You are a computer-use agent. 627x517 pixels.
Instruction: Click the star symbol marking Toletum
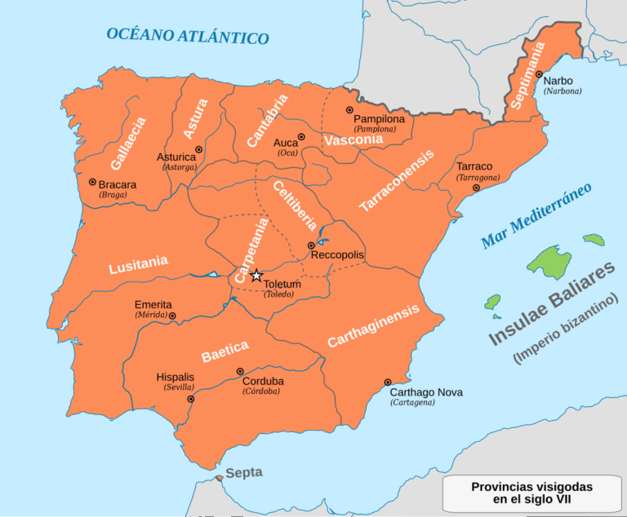[256, 276]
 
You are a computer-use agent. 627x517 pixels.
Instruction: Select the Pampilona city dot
[349, 110]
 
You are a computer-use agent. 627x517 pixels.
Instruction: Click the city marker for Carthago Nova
[388, 382]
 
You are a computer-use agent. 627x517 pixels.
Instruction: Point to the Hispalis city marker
[191, 399]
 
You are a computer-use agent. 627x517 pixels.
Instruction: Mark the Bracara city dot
[92, 183]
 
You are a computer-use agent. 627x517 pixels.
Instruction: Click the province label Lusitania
[139, 264]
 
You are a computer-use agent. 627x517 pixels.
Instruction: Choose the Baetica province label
[225, 351]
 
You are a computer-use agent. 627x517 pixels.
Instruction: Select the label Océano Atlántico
[187, 36]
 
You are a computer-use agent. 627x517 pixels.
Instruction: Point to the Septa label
[244, 473]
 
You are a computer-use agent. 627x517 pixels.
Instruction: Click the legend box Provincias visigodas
[531, 493]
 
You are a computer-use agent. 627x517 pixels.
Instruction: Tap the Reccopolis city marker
[311, 245]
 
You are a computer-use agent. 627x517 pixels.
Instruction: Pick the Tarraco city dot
[476, 188]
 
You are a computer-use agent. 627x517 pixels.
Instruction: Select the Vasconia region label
[353, 140]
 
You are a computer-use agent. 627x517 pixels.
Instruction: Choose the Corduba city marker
[240, 371]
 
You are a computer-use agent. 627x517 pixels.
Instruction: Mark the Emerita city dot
[172, 315]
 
